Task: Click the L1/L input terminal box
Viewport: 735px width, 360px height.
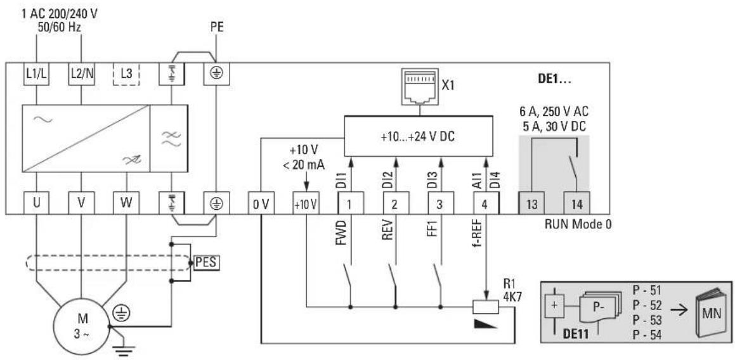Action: (36, 74)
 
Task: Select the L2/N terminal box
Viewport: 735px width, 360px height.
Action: (82, 74)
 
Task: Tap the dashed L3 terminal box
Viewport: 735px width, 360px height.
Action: (127, 74)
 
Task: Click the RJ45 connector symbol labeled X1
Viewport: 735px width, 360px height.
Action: (419, 87)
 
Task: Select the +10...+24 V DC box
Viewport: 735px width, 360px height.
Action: (419, 136)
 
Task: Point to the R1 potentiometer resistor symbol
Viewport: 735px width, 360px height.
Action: (486, 307)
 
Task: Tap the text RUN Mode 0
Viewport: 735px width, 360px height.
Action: (578, 224)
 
